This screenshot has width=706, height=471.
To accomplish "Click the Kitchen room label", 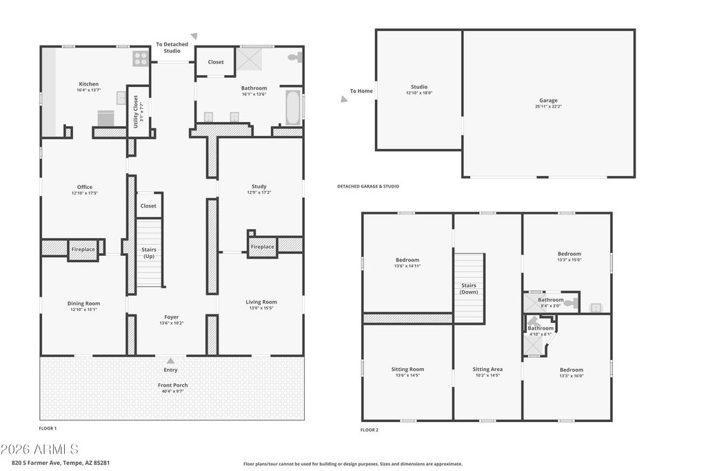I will [x=88, y=84].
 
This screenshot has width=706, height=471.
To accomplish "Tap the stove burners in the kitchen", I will [x=141, y=59].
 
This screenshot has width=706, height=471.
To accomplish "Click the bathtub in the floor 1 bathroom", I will [x=293, y=109].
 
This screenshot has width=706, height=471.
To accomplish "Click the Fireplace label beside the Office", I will [x=83, y=249].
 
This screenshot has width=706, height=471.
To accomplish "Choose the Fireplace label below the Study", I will [x=262, y=247].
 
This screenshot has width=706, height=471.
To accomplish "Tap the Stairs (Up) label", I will [x=149, y=252].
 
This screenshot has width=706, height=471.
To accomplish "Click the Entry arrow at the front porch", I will [x=170, y=361].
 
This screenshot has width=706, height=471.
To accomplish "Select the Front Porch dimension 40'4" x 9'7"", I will [x=171, y=391].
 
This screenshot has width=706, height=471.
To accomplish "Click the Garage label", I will [x=548, y=101].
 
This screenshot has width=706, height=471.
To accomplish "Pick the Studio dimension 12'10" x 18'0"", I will [x=419, y=92].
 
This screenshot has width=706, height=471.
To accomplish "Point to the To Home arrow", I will [x=344, y=99].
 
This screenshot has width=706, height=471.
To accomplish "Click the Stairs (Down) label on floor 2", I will [x=469, y=288].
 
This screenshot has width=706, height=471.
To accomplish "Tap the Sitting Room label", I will [x=407, y=370].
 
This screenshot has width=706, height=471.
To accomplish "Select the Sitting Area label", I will [x=487, y=370].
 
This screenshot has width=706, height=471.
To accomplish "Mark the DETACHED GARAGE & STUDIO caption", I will [x=368, y=186].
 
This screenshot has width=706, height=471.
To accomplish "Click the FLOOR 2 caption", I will [x=370, y=430].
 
